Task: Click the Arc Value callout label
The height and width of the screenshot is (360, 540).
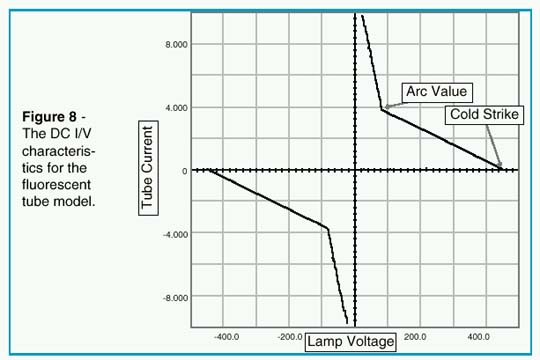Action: point(436,92)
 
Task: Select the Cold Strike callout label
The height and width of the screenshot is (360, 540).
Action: point(483,115)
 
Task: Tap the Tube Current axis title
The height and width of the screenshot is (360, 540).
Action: point(146,167)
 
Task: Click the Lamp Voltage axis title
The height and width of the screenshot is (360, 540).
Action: point(350,340)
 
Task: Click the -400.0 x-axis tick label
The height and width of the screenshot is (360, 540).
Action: point(228,337)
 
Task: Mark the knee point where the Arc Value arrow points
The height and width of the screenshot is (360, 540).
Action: point(382,108)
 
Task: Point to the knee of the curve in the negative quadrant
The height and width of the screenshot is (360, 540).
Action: point(327,228)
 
